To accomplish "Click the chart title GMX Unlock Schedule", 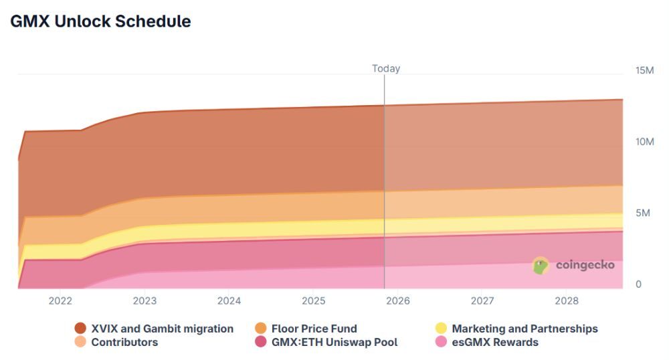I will [100, 21].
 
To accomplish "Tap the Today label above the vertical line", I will [386, 68].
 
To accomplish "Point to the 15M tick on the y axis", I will [645, 70].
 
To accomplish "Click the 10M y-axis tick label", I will [645, 142].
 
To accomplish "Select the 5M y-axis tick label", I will [642, 213].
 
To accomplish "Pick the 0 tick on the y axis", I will [638, 284].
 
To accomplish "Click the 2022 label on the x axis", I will [60, 301].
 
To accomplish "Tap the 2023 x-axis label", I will [145, 301].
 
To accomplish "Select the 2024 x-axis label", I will [229, 301].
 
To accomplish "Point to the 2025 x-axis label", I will [314, 301].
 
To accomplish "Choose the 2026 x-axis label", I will [398, 301].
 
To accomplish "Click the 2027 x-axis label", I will [482, 301].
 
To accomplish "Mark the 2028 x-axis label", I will [567, 301].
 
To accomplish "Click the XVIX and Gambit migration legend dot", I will [80, 329].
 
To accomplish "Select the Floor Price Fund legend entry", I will [306, 329].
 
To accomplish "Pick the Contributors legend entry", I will [116, 342].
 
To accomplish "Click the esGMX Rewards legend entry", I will [486, 342].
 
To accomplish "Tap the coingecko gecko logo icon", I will [541, 266].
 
